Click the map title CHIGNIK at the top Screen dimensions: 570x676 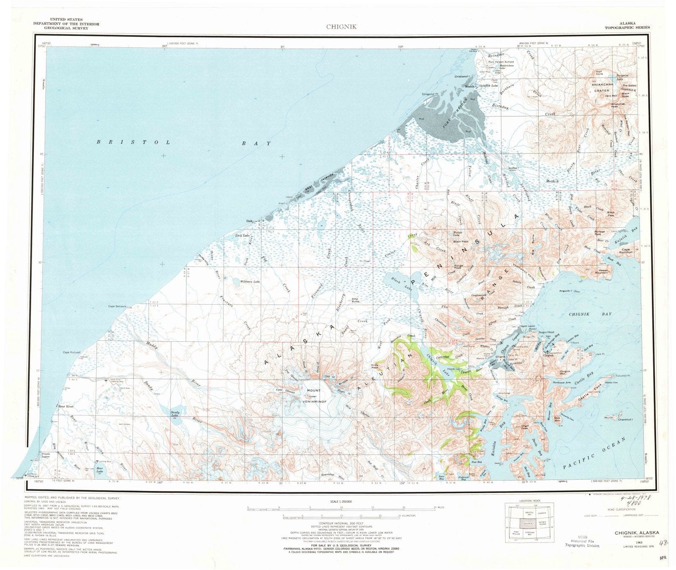coord(341,27)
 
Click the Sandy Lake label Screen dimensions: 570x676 coord(174,414)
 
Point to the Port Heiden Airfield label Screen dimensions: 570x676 coord(501,62)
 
